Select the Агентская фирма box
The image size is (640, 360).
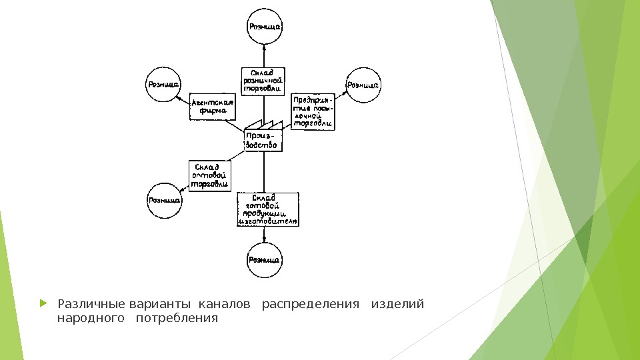pos(213,107)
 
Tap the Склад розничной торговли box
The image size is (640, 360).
pos(263,81)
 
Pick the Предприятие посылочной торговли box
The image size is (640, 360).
pos(312,110)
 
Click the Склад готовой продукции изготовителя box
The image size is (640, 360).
pos(267,209)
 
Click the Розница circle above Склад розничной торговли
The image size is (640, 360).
pos(265,27)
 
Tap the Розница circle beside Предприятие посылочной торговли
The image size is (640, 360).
pos(363,85)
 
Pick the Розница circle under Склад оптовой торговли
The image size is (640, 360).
pos(164,200)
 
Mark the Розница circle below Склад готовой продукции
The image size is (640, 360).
pos(264,260)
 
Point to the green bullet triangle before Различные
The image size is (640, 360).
pos(44,304)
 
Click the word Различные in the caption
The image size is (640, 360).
pos(92,305)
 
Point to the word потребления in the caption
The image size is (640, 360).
pos(177,319)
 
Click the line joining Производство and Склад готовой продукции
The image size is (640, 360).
pos(265,172)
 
